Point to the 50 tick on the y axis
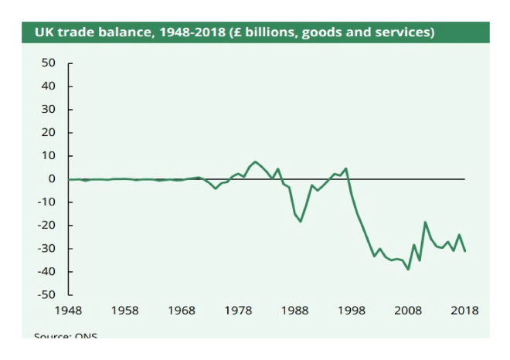[49, 63]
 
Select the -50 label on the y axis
[46, 295]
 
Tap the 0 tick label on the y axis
[52, 179]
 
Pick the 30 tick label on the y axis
[49, 109]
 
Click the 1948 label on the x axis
[69, 311]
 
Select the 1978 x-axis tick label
[238, 311]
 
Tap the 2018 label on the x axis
[464, 311]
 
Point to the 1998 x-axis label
[352, 311]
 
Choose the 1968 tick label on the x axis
[182, 311]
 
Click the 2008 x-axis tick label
[408, 311]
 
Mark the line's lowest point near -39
[408, 269]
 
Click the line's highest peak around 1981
[255, 161]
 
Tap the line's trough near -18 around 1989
[301, 222]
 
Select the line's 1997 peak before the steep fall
[345, 168]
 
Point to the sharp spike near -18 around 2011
[425, 222]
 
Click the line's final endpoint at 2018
[465, 251]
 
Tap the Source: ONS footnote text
[66, 335]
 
